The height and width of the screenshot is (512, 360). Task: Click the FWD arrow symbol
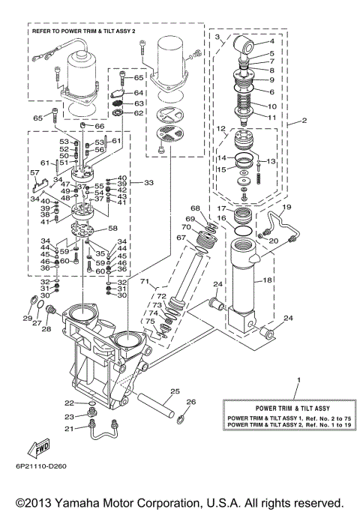(x=38, y=449)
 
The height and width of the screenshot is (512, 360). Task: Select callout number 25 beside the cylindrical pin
(x=175, y=391)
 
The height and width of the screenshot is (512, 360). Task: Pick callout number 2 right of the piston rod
(x=304, y=120)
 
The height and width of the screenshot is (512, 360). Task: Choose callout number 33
(x=148, y=182)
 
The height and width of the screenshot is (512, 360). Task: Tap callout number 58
(x=112, y=228)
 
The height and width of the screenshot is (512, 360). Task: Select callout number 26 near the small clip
(x=190, y=403)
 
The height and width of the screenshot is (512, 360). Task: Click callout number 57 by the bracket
(x=34, y=173)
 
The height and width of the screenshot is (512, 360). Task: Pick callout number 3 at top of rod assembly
(x=217, y=36)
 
